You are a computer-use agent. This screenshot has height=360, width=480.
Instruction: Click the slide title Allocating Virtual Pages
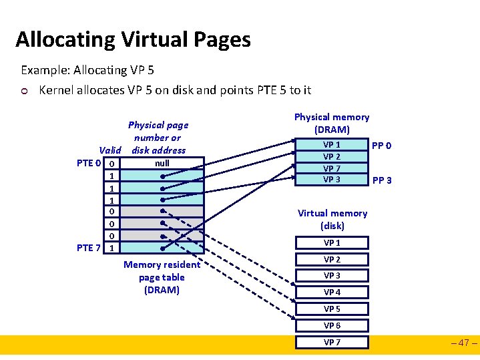[x=133, y=39]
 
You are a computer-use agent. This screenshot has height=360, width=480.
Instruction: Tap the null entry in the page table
[x=162, y=163]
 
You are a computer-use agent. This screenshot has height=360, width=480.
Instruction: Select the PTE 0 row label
[x=89, y=164]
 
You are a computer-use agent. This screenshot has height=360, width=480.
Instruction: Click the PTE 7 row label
[x=89, y=248]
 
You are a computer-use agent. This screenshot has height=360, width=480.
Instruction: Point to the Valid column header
[x=109, y=150]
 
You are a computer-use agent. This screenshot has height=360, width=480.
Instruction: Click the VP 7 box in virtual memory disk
[x=332, y=343]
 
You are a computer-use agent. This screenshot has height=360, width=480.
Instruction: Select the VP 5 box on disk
[x=332, y=309]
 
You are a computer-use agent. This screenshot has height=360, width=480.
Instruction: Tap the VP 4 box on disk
[x=332, y=293]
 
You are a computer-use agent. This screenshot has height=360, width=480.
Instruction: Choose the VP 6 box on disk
[x=332, y=326]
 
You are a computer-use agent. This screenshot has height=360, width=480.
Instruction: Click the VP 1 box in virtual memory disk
[x=332, y=243]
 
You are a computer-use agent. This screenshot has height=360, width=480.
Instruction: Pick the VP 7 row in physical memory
[x=332, y=168]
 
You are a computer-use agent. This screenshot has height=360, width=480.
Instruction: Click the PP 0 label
[x=382, y=146]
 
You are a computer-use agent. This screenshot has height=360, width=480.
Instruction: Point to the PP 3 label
[x=382, y=180]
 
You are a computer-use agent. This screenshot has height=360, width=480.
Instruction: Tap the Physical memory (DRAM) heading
[x=332, y=123]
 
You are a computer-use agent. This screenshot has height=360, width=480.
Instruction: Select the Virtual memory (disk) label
[x=332, y=219]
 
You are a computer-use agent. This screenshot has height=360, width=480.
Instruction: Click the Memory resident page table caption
[x=162, y=277]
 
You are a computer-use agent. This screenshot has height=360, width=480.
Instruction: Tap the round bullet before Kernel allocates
[x=25, y=91]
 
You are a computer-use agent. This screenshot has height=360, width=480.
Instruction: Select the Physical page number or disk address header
[x=158, y=137]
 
